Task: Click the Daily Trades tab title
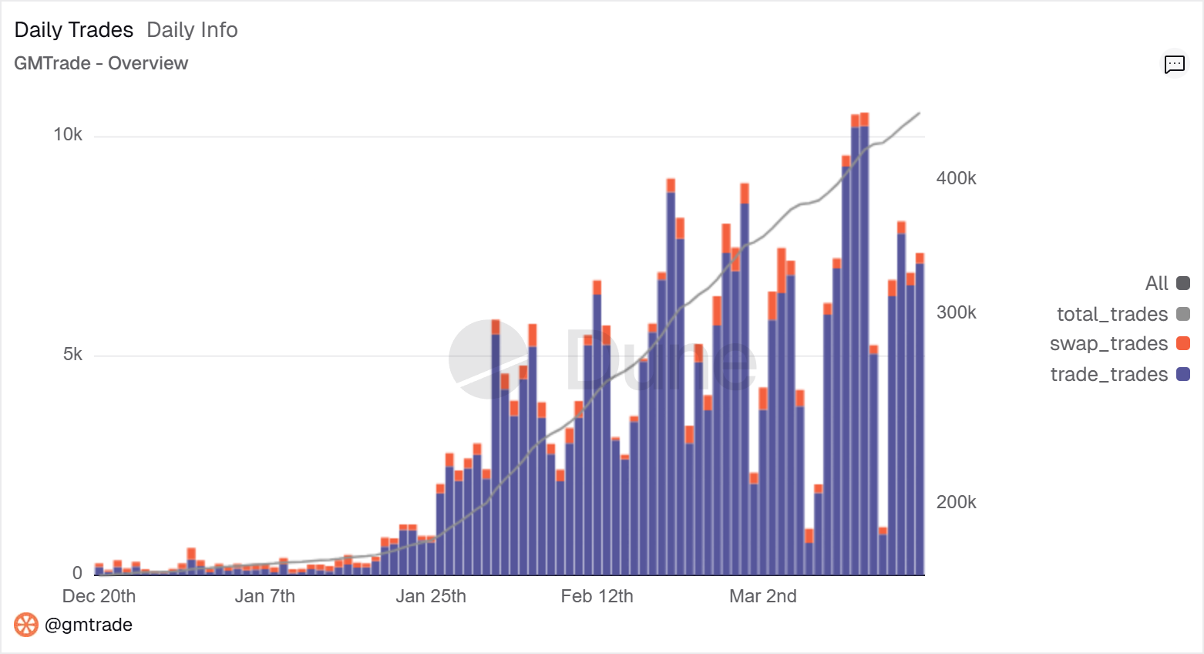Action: tap(74, 30)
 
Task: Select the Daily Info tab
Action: tap(192, 30)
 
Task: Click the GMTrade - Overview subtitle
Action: tap(101, 63)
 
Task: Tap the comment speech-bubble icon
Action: tap(1174, 64)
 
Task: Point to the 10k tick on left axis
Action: tap(68, 135)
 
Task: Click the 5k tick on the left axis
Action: tap(72, 354)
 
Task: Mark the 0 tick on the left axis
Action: tap(77, 573)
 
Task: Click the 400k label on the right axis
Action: tap(956, 178)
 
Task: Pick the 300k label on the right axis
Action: tap(956, 312)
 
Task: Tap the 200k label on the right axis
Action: tap(956, 502)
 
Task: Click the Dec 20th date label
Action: tap(99, 596)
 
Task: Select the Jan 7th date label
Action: tap(264, 596)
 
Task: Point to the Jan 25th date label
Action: tap(431, 596)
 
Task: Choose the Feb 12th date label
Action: tap(597, 596)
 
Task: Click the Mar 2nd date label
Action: tap(762, 596)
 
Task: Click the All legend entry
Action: tap(1157, 283)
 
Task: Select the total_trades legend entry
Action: tap(1112, 314)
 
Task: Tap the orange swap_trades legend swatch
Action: tap(1183, 343)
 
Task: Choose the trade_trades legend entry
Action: tap(1109, 374)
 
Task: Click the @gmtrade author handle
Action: tap(88, 625)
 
